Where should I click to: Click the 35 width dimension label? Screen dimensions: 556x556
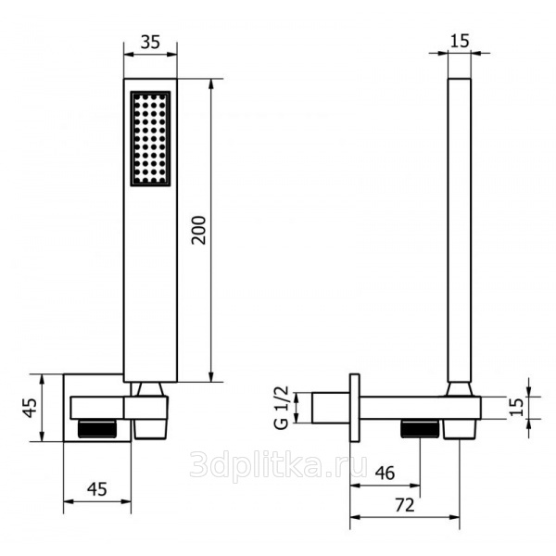pos(150,42)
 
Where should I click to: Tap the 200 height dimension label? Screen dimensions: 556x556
pos(198,230)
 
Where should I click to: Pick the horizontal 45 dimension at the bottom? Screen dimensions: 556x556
pos(97,489)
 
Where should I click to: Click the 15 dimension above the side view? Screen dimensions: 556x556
pos(460,41)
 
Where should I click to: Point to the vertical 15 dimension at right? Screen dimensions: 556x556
pos(517,407)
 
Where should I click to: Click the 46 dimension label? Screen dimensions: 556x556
pos(385,473)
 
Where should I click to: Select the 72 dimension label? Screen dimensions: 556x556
pos(405,505)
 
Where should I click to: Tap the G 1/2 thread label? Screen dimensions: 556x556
pos(283,408)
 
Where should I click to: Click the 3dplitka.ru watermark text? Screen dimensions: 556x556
pos(278,463)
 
